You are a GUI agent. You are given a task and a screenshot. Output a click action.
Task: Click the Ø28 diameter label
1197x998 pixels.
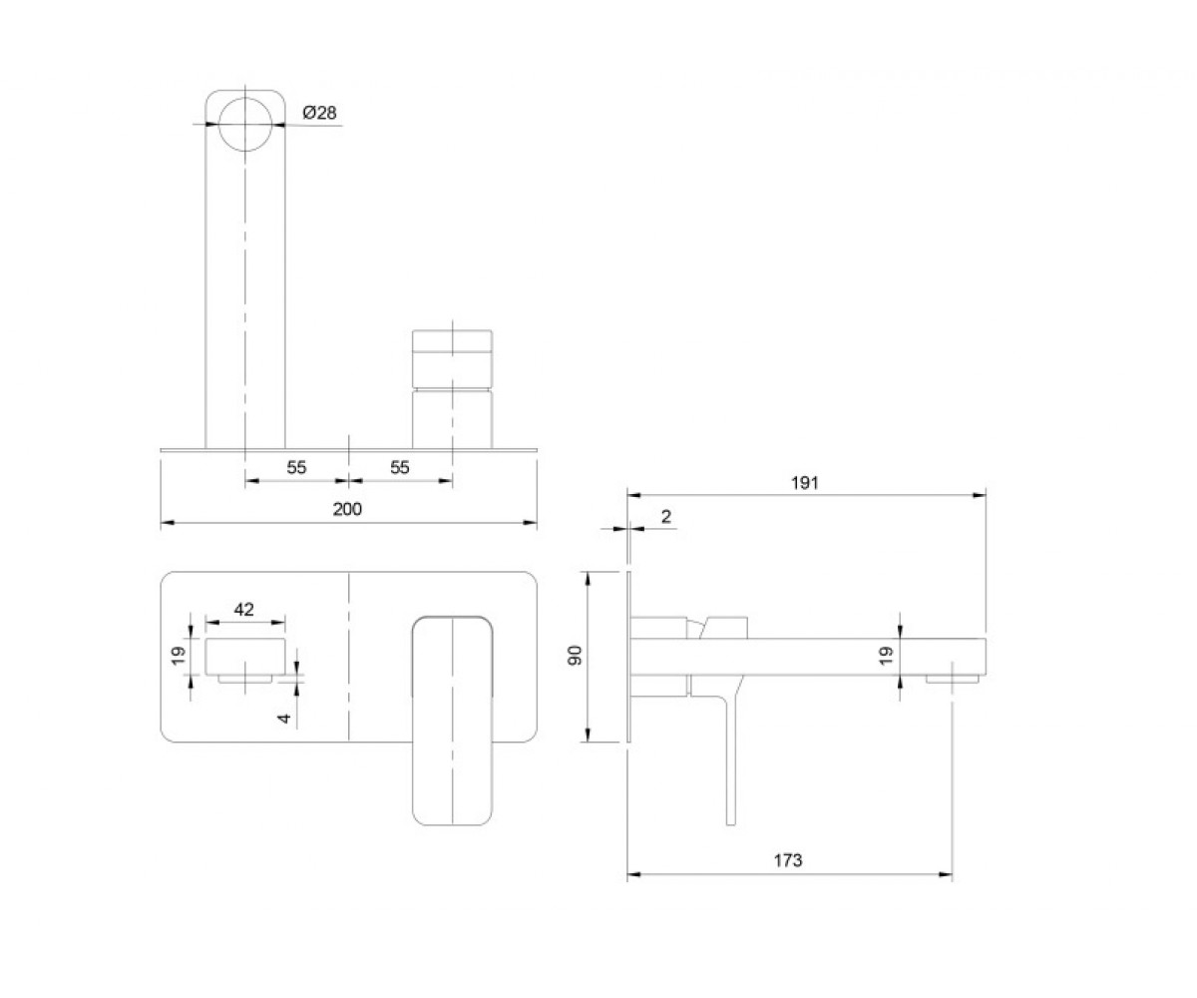pos(320,113)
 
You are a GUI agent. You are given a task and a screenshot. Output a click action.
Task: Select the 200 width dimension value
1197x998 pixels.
pos(347,509)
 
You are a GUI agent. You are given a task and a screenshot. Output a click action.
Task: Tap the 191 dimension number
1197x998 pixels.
pos(805,483)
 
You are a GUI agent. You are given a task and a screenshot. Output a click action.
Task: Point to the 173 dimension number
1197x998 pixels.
pos(788,860)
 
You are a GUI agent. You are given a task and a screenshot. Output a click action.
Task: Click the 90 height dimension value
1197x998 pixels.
pos(575,655)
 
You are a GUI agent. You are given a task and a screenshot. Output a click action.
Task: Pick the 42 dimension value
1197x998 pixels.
pos(243,609)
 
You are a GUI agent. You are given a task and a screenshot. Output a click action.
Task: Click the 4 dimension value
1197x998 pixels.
pos(284,718)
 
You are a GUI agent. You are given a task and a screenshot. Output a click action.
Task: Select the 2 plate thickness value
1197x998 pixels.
pos(666,517)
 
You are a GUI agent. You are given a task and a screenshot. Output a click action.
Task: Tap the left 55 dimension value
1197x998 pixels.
pos(296,467)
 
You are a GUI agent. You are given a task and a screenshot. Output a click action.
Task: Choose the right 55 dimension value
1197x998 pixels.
pos(400,467)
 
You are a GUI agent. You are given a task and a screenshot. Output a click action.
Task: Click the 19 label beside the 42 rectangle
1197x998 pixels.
pos(179,655)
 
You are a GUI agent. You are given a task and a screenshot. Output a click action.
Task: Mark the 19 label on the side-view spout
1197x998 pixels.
pos(887,655)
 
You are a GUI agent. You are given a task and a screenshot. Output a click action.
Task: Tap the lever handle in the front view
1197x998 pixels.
pos(452,722)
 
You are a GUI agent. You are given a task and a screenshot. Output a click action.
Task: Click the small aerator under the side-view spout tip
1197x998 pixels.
pos(953,679)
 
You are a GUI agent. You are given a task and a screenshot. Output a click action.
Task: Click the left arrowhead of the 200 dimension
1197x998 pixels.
pos(168,523)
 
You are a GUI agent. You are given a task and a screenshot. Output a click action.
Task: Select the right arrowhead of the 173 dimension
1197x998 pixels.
pos(945,874)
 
